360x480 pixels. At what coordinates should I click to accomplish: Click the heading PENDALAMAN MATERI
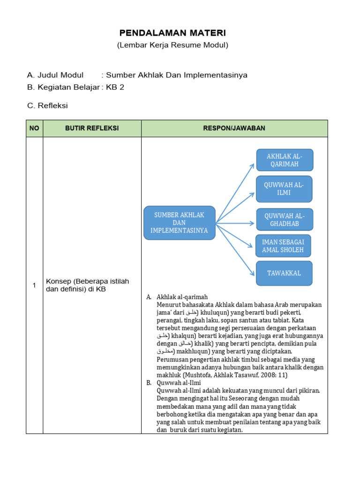click(x=172, y=33)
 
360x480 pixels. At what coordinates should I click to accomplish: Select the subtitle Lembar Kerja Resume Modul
click(x=172, y=45)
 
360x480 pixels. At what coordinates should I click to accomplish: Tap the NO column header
click(x=34, y=128)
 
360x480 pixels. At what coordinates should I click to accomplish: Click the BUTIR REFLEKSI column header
click(x=92, y=128)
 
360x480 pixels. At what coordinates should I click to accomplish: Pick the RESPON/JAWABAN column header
click(x=234, y=128)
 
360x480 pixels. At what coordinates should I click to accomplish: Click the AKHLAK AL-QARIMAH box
click(x=285, y=160)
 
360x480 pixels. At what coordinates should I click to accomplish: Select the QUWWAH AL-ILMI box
click(x=284, y=189)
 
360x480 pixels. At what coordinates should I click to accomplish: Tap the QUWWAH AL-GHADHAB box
click(x=284, y=219)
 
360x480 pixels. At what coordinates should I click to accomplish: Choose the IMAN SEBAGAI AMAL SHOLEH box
click(x=283, y=246)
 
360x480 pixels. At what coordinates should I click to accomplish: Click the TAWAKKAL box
click(x=284, y=273)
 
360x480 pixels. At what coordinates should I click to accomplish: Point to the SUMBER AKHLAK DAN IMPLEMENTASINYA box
click(x=179, y=223)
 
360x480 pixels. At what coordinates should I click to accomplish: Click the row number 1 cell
click(x=34, y=285)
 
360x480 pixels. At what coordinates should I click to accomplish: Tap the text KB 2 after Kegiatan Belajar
click(x=115, y=87)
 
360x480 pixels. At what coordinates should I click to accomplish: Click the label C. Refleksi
click(x=47, y=105)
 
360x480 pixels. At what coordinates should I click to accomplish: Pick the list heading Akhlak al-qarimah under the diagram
click(x=182, y=297)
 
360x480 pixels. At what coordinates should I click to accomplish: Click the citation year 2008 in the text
click(x=267, y=375)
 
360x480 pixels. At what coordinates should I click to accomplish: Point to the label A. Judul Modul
click(x=55, y=75)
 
